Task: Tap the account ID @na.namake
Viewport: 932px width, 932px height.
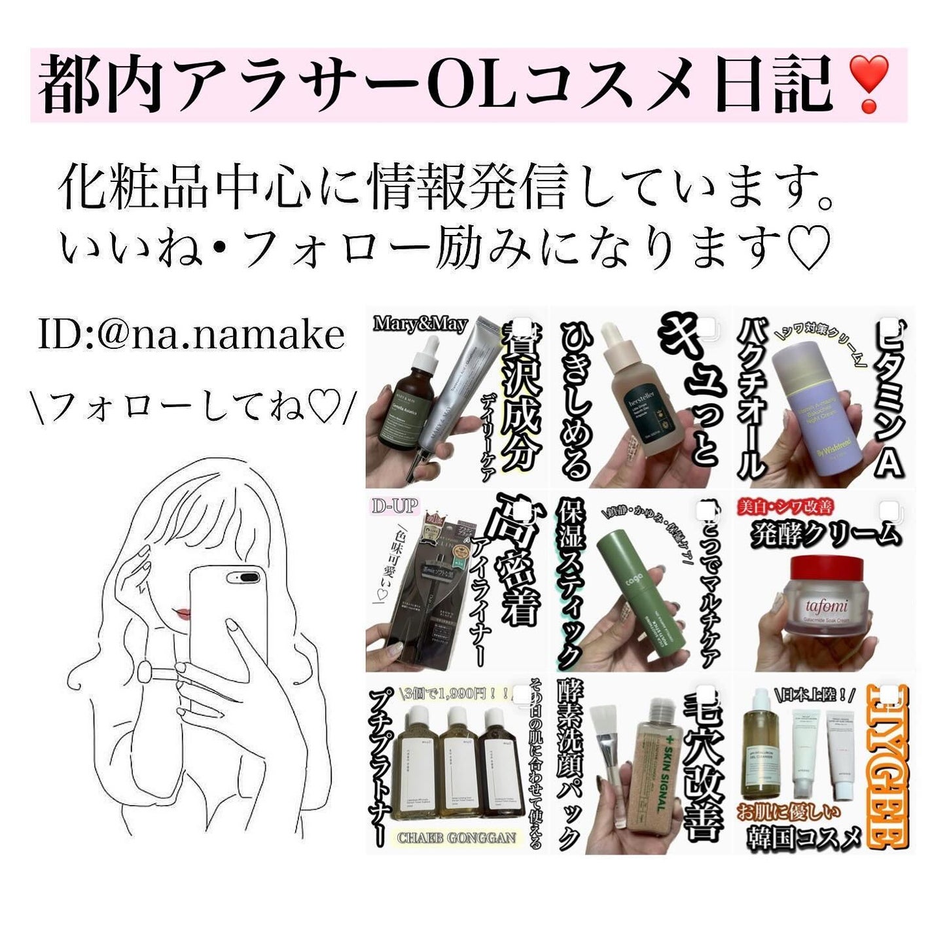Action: click(x=191, y=334)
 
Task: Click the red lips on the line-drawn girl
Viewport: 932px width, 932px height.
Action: click(x=183, y=613)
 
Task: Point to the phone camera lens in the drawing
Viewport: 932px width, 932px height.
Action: click(x=242, y=577)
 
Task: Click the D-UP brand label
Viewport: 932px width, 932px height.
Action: click(x=395, y=507)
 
